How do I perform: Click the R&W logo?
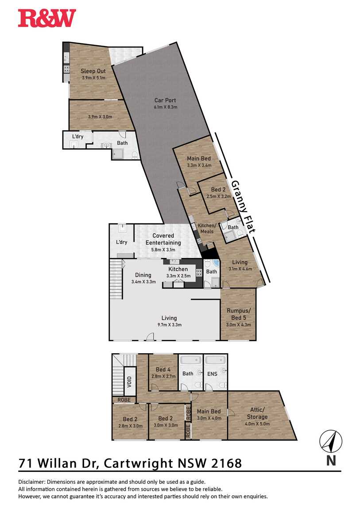click(47, 18)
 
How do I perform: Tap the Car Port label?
click(165, 100)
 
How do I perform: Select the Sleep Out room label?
click(93, 71)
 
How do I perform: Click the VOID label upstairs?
click(129, 381)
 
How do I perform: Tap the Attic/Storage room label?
click(257, 413)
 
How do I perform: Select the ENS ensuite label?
click(212, 374)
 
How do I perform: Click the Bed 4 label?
click(163, 370)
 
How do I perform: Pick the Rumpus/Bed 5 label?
click(239, 314)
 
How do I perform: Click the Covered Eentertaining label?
click(163, 239)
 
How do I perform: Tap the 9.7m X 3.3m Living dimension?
click(169, 324)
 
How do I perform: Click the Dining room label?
click(143, 275)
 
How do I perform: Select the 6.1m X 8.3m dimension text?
click(166, 107)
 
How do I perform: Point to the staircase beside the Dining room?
click(116, 279)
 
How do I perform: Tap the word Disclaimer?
click(31, 482)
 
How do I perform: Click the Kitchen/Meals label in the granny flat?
click(207, 228)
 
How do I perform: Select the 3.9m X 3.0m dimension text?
click(101, 116)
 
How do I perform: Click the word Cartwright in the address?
click(138, 463)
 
